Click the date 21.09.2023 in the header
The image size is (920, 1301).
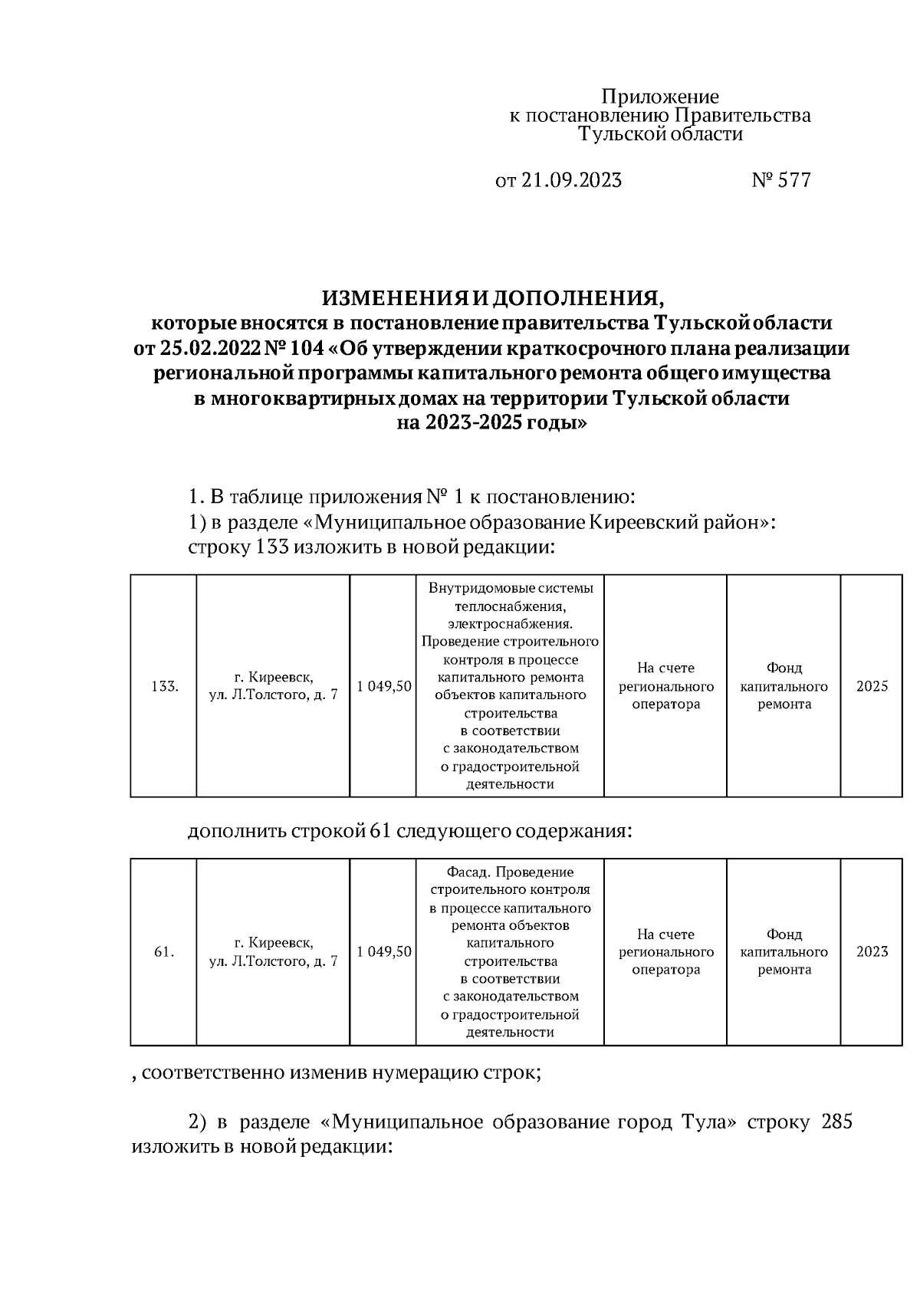571,180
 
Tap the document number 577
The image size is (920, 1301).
794,180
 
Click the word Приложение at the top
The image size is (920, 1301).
660,97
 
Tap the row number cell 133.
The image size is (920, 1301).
164,686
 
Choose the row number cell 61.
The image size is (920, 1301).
164,951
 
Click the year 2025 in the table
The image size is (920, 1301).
872,686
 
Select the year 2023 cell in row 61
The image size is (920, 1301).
872,951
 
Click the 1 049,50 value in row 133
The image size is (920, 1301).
383,686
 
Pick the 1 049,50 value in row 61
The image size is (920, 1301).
383,951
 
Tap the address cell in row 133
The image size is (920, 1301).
274,686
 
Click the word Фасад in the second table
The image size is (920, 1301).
465,872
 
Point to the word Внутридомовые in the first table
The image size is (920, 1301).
472,588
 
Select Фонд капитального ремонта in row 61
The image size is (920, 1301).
784,951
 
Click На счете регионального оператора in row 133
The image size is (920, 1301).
665,686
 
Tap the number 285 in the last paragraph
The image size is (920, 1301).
836,1122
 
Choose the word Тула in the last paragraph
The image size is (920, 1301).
704,1122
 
